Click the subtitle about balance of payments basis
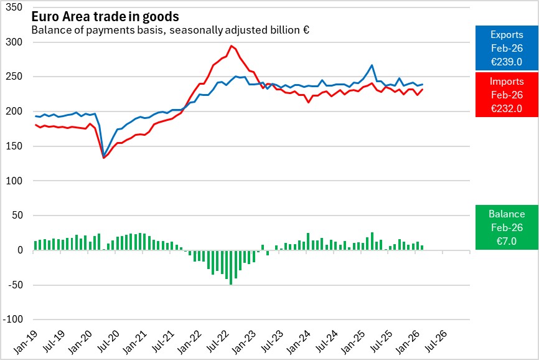[171, 30]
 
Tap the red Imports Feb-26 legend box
[506, 95]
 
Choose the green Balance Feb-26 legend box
[506, 227]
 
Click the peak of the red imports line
[231, 45]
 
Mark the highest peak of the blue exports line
[372, 65]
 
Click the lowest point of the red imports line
[103, 158]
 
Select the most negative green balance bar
[231, 267]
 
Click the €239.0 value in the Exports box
[506, 62]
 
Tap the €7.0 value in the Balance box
[506, 240]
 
